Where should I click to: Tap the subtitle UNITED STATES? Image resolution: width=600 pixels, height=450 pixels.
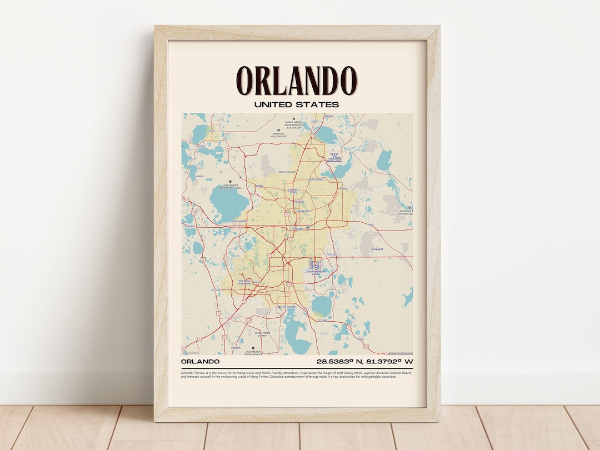click(297, 104)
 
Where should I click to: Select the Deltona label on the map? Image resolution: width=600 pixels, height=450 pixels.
click(329, 116)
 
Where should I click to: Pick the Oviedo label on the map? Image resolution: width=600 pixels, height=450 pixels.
click(343, 188)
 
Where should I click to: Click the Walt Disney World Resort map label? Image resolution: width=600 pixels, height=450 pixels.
click(245, 283)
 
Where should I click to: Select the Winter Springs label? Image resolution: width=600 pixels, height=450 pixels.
click(316, 180)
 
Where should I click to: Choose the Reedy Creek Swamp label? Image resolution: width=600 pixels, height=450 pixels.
click(261, 334)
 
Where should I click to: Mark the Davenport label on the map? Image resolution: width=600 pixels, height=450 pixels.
click(236, 348)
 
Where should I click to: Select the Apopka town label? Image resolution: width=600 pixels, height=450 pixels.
click(259, 187)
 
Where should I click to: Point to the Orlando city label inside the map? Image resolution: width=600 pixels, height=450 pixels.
click(297, 228)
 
